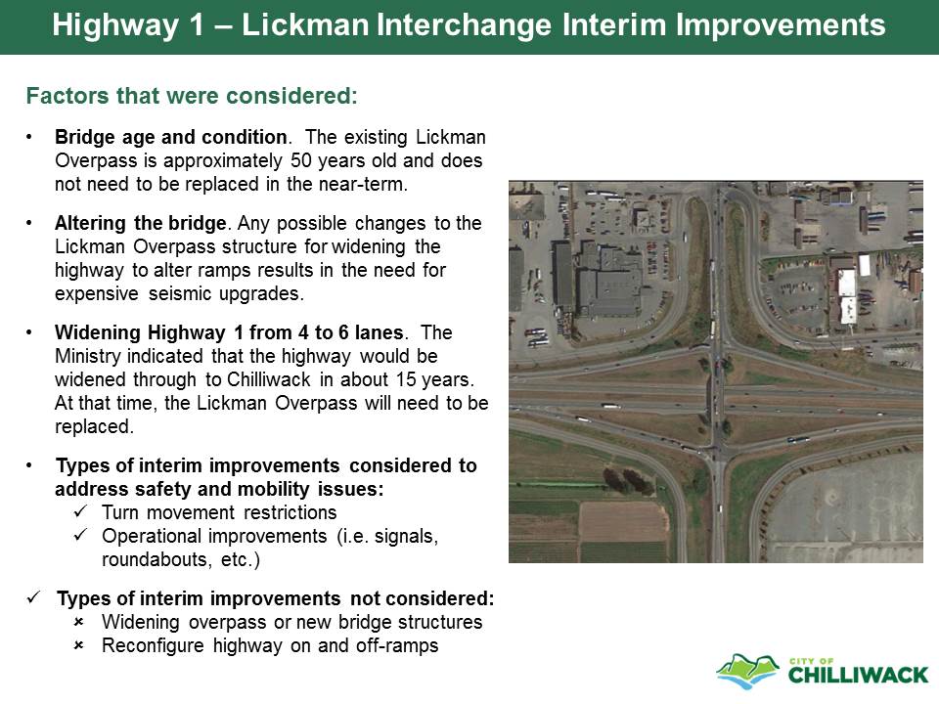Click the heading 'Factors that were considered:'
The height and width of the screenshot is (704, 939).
coord(192,96)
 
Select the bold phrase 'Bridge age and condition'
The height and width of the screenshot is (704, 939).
coord(171,137)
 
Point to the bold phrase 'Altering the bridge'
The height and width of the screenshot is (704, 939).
coord(141,223)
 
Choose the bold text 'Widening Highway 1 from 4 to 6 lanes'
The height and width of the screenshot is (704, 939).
coord(229,332)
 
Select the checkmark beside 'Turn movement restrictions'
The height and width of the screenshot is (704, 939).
coord(81,511)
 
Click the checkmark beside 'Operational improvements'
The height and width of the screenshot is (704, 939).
coord(81,535)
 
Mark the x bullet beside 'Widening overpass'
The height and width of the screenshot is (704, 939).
coord(78,623)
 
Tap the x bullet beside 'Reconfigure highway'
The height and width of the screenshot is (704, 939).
coord(78,646)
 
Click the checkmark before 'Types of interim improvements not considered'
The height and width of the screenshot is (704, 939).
coord(34,597)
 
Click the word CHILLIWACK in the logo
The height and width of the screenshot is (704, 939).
coord(858,676)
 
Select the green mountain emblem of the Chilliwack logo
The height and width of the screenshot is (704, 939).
coord(747,671)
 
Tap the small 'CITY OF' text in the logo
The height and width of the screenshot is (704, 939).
coord(812,661)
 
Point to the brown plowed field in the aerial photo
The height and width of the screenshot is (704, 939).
coord(623,521)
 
